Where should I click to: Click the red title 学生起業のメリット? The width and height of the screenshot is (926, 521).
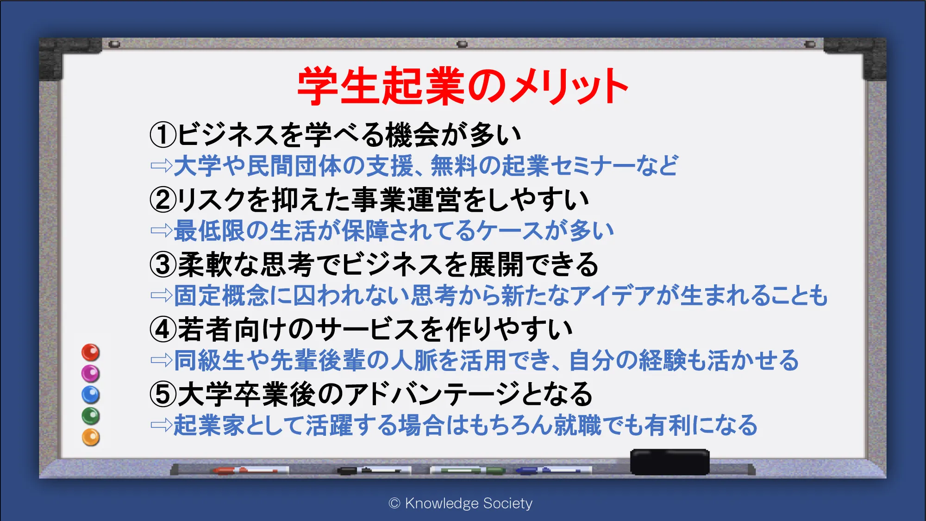coord(463,86)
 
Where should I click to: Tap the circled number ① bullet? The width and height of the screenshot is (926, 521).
coord(163,135)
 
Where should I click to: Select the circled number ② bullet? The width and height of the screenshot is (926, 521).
coord(163,200)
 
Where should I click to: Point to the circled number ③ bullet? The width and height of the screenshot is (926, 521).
coord(163,264)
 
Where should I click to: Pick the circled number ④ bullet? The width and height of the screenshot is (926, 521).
coord(163,329)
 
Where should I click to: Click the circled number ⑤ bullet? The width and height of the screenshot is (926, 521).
coord(163,394)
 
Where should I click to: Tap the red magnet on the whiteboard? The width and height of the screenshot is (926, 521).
coord(91,352)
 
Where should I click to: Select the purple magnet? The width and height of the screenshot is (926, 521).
coord(91,374)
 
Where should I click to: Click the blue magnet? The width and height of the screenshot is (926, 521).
coord(91,395)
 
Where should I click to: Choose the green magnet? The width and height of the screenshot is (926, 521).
coord(91,416)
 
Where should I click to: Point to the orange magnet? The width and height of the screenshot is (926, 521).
coord(91,437)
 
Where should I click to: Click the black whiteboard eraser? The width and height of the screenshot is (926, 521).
coord(669,462)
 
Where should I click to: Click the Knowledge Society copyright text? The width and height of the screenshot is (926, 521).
coord(461,503)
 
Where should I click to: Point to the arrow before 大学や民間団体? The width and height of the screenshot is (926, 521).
coord(162,166)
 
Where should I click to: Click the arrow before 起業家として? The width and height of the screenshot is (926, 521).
coord(162,425)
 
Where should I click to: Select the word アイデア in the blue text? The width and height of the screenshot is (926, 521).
coord(612,295)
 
